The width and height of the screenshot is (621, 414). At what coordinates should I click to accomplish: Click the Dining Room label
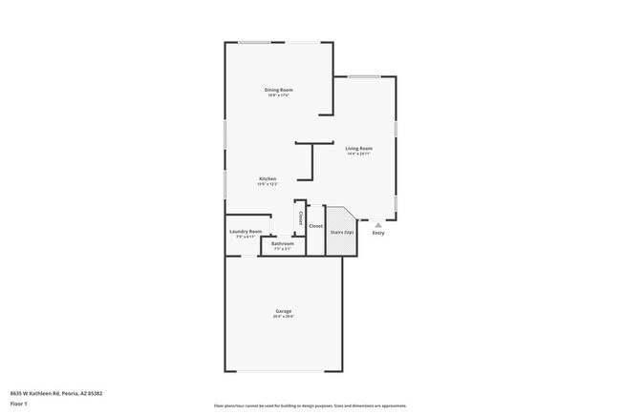click(x=279, y=90)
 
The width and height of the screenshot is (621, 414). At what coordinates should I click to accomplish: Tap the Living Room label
click(x=359, y=148)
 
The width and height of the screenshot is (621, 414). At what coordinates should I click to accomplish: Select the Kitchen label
click(x=268, y=178)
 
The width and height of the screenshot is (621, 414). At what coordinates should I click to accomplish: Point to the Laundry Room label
click(x=246, y=231)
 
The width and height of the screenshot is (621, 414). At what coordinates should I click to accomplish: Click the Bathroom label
click(x=282, y=243)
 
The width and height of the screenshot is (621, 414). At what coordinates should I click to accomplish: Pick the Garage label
click(x=284, y=311)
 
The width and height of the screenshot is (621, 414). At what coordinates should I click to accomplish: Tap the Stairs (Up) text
click(x=342, y=232)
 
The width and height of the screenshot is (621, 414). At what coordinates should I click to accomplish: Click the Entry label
click(x=378, y=233)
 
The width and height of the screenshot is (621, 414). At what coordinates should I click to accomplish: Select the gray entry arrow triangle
click(x=377, y=225)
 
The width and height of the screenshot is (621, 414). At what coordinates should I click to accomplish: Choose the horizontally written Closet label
click(x=315, y=226)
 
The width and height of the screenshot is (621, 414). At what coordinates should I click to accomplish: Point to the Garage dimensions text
click(x=284, y=317)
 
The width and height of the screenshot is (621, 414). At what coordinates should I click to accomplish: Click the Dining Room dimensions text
click(x=279, y=95)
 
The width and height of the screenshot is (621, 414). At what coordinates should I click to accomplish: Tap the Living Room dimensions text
click(x=359, y=154)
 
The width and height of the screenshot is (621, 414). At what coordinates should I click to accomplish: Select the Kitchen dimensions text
click(x=268, y=184)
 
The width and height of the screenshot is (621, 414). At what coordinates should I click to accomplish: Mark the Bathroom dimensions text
click(x=282, y=249)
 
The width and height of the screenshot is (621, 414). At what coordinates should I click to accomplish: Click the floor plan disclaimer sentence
click(x=310, y=404)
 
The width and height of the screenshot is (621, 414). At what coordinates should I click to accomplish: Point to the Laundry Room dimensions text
click(x=246, y=237)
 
